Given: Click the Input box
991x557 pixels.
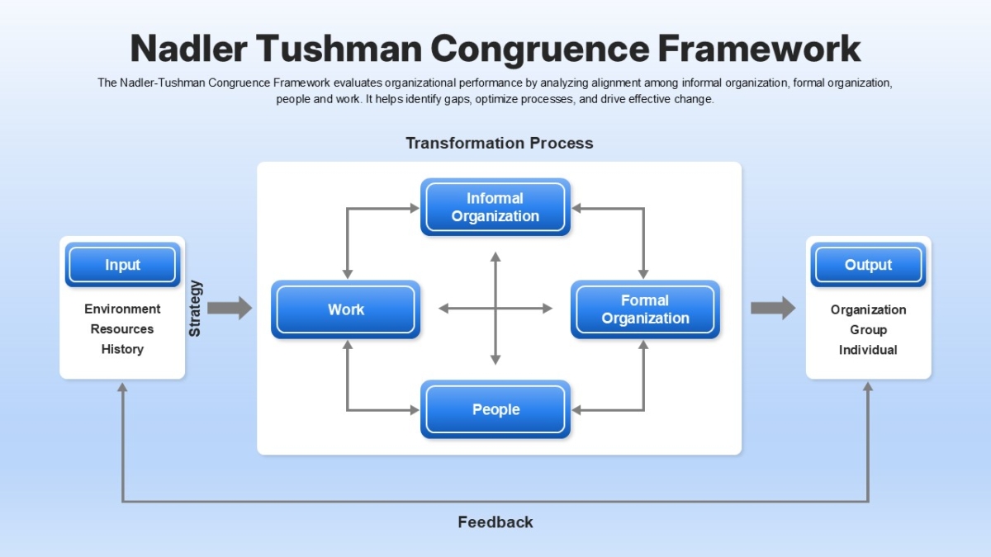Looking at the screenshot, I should [122, 265].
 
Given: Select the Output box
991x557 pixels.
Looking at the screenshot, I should [868, 265].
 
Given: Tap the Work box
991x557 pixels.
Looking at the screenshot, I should [345, 309].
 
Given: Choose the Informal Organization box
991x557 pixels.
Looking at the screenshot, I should [495, 207].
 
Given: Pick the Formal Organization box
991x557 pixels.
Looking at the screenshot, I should [645, 309].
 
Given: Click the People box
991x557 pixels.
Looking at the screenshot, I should [495, 409].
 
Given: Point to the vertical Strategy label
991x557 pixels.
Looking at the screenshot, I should [196, 309].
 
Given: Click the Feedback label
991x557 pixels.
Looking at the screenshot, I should [495, 522].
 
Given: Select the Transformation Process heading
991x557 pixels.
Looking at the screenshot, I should [499, 143].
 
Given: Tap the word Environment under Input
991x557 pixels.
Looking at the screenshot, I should [122, 309].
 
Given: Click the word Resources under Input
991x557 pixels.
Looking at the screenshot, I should [122, 329].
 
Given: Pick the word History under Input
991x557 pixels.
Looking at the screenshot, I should [122, 349].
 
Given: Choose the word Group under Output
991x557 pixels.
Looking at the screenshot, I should [868, 330].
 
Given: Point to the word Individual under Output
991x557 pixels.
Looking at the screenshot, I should [868, 350].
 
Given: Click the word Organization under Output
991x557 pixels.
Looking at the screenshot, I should [868, 309].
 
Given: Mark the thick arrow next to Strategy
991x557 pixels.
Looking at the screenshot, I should [229, 309].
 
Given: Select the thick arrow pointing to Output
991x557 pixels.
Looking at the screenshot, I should [772, 309].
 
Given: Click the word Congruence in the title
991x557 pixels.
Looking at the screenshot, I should [538, 50].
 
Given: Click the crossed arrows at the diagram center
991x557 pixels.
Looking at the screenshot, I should [495, 309].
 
